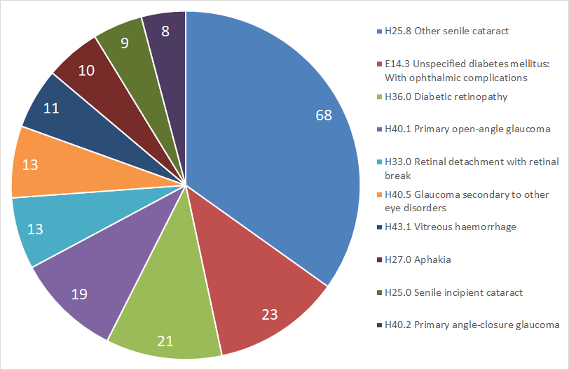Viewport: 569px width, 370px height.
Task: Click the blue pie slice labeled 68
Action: (268, 138)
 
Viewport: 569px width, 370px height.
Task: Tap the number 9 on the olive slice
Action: (125, 43)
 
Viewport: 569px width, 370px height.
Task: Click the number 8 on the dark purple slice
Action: (165, 31)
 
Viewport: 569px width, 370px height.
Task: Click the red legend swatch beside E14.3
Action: (380, 64)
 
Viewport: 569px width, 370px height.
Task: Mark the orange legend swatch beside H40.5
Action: (380, 195)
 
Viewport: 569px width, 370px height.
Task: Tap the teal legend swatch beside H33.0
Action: (380, 162)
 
